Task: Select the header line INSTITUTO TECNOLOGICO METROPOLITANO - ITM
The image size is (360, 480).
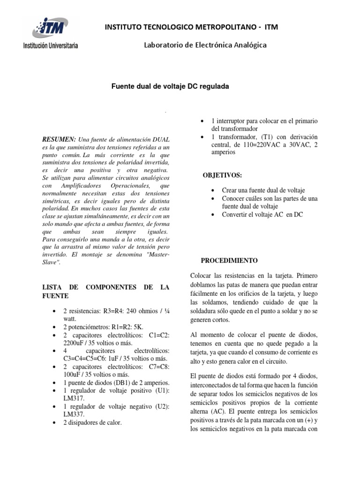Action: coord(192,28)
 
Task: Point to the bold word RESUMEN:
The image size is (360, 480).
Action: coord(59,140)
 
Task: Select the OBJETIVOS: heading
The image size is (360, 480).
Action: coord(222,175)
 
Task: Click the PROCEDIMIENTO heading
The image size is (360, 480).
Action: coord(229,260)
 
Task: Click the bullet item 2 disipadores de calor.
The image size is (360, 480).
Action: coord(92,422)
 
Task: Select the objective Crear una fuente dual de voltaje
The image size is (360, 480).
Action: coord(263,190)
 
